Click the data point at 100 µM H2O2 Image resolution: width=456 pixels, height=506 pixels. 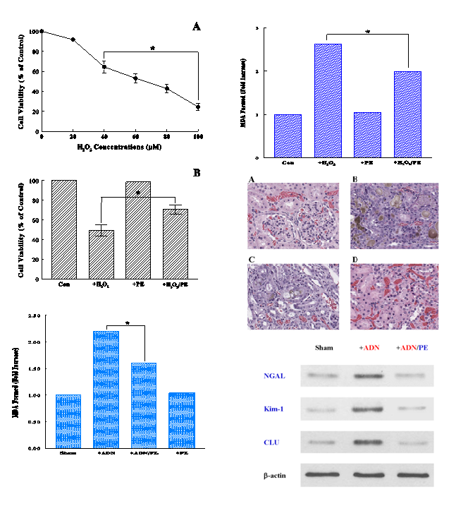[x=198, y=107]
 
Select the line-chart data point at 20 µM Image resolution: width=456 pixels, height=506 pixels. [x=73, y=40]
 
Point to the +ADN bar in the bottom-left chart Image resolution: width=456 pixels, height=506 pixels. [x=106, y=389]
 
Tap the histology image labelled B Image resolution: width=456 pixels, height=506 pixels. [x=395, y=216]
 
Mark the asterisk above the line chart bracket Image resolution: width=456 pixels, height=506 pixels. [x=152, y=48]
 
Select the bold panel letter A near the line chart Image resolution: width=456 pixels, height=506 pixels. [x=197, y=27]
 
